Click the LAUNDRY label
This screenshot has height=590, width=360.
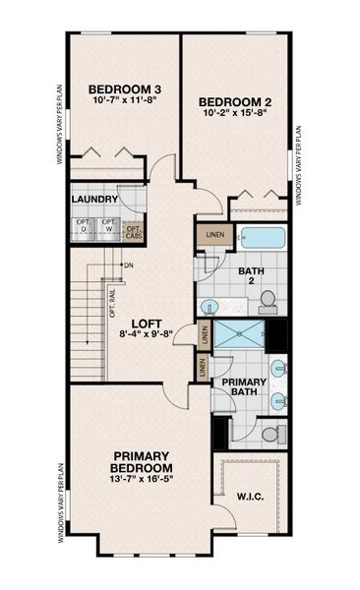click(x=95, y=200)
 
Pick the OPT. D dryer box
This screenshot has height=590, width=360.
click(x=84, y=227)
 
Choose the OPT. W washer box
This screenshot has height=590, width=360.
click(x=108, y=227)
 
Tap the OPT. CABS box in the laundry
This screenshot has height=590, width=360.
click(x=135, y=231)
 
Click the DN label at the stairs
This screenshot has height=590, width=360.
click(x=128, y=265)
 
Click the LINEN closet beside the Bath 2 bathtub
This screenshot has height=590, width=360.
click(x=211, y=237)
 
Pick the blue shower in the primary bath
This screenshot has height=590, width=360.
click(x=240, y=334)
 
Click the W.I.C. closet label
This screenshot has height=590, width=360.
click(x=250, y=497)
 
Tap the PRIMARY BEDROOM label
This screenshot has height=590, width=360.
click(x=144, y=461)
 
